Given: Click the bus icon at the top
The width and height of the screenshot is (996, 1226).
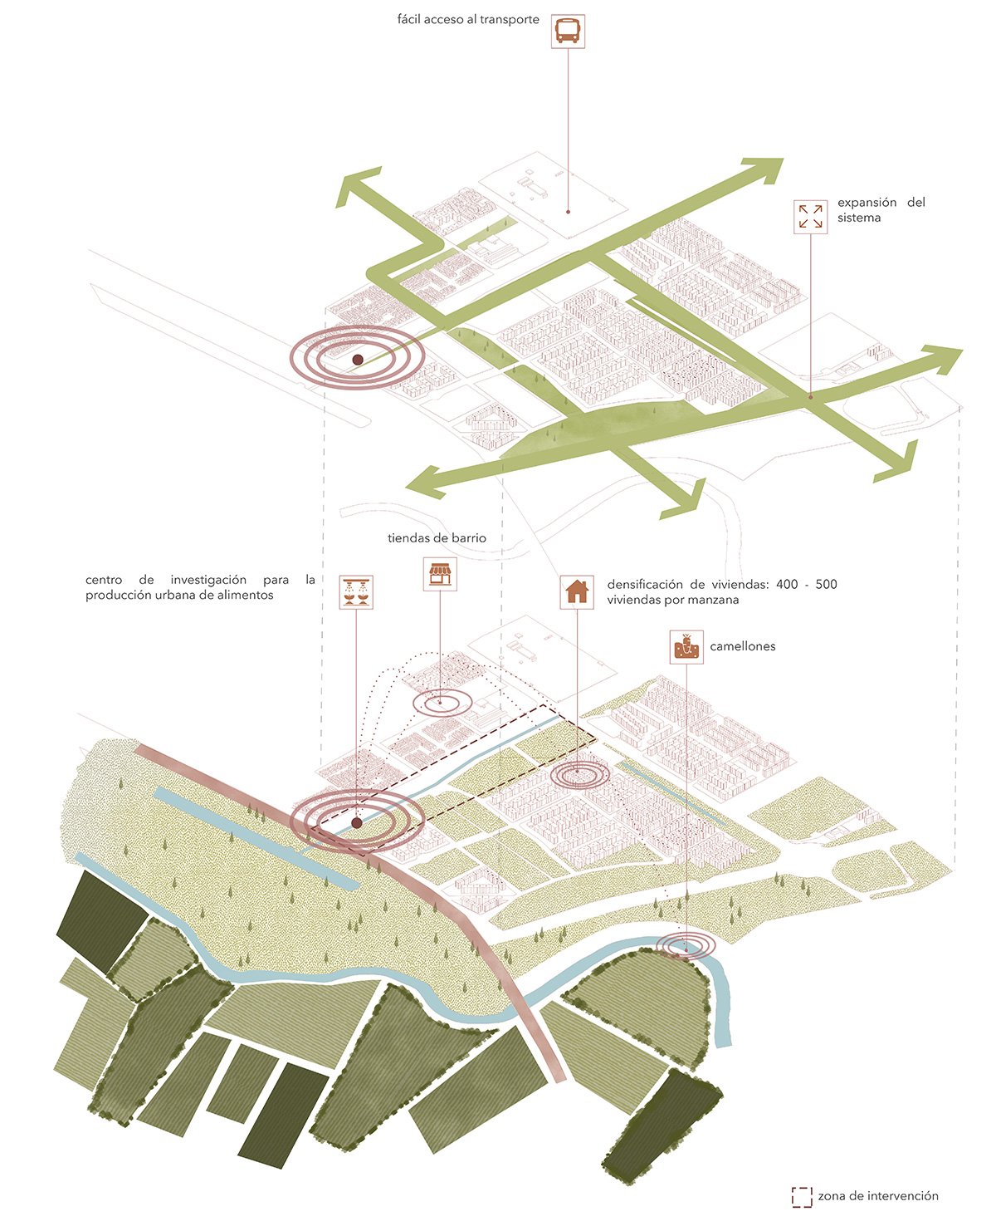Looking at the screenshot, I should click(x=568, y=31).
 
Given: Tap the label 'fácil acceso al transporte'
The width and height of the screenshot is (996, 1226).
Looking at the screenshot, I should click(x=468, y=19).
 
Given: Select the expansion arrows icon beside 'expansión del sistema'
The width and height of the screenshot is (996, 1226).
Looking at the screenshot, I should click(x=810, y=216).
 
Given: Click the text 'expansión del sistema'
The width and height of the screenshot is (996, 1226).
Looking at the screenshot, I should click(x=880, y=209).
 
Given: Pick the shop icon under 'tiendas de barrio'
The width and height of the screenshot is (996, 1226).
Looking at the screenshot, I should click(x=440, y=574).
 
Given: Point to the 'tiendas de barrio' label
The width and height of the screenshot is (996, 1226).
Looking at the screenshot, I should click(x=437, y=538).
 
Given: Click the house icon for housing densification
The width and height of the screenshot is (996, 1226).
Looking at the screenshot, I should click(x=576, y=591).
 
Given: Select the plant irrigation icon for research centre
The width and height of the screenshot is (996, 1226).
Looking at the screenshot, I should click(x=357, y=591).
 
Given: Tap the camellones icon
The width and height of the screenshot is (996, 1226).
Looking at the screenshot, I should click(x=686, y=646).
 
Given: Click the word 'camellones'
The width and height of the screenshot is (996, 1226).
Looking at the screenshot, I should click(x=742, y=646).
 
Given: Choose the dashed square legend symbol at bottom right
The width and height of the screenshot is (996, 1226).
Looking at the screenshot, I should click(x=802, y=1196).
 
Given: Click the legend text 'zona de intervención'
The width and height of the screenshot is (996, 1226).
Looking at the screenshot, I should click(x=878, y=1196).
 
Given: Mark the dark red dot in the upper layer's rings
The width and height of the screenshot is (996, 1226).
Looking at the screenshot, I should click(x=358, y=360).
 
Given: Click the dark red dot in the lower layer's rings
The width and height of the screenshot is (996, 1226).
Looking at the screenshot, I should click(x=357, y=823).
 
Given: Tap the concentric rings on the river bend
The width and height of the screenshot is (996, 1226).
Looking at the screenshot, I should click(x=686, y=945).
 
